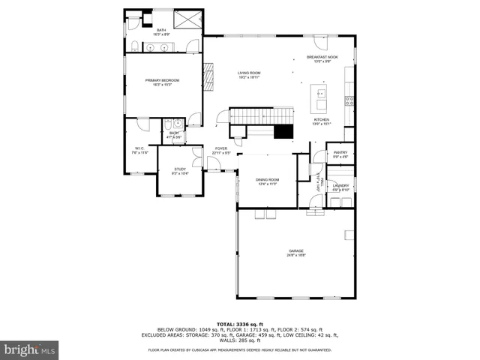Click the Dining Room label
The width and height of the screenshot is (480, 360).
tap(268, 181)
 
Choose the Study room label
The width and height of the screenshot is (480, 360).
tap(180, 172)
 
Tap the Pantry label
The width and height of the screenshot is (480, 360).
tap(340, 154)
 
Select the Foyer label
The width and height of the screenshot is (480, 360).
tap(221, 150)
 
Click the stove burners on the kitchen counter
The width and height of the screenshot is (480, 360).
tap(349, 100)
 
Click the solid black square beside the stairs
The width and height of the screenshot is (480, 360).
tap(283, 132)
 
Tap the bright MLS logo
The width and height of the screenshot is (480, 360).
tap(29, 349)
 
